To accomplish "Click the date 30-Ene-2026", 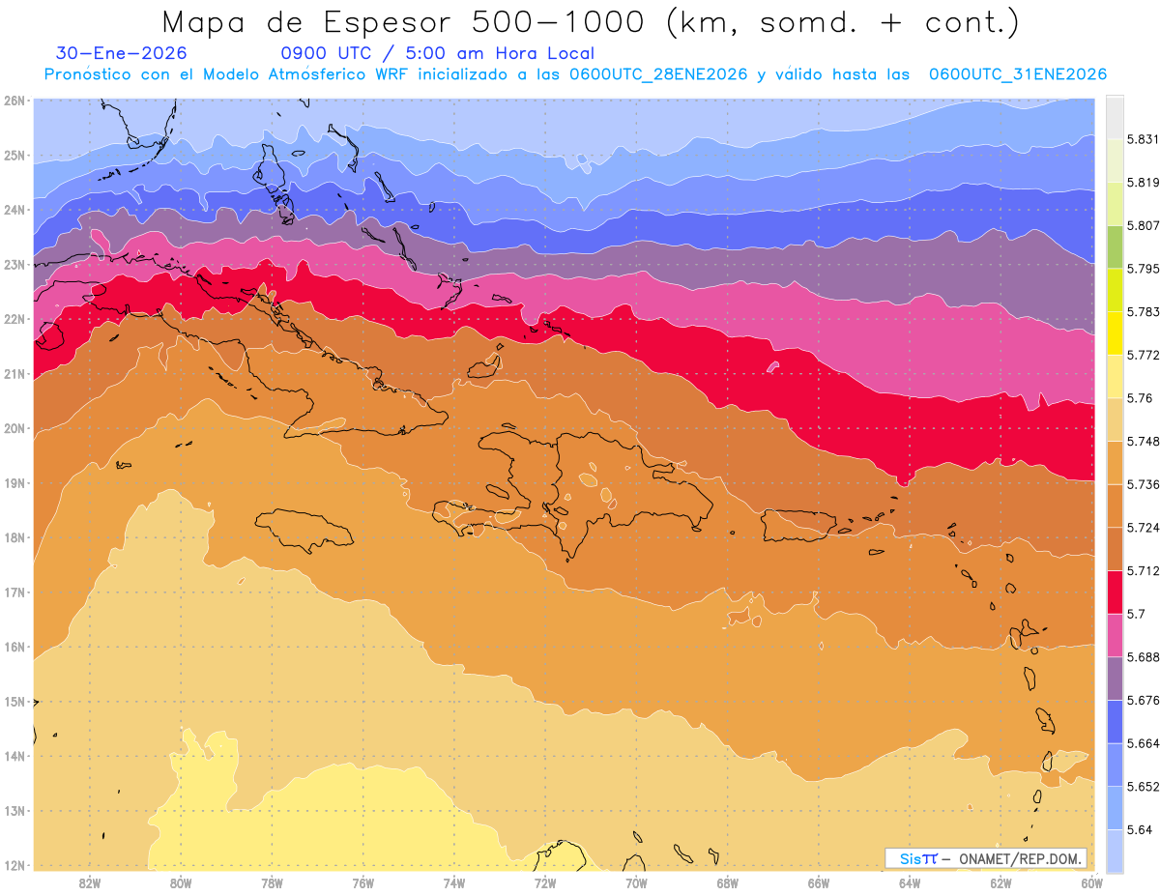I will [x=121, y=54].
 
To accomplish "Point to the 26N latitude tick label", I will [x=14, y=101].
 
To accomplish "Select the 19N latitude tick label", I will [x=14, y=483].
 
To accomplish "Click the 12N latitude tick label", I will [x=14, y=865].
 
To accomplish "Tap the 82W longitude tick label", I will [x=90, y=882].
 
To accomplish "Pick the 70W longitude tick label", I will [x=636, y=882].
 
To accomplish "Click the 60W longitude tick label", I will [x=1091, y=882].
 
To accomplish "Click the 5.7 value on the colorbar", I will [x=1135, y=614].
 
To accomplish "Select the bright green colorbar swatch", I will [x=1115, y=246].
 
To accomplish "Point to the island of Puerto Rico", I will [x=798, y=525].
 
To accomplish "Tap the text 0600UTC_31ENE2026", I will [x=1017, y=74].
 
